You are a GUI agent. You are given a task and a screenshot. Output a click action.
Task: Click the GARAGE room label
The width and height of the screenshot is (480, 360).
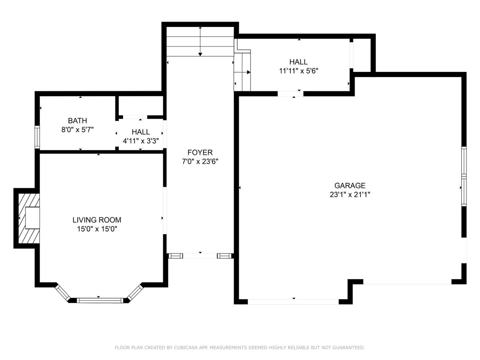pyautogui.click(x=350, y=186)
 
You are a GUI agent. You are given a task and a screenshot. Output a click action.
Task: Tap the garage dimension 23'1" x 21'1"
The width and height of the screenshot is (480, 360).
pyautogui.click(x=350, y=195)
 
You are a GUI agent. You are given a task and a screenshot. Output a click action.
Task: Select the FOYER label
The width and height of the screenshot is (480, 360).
pyautogui.click(x=200, y=153)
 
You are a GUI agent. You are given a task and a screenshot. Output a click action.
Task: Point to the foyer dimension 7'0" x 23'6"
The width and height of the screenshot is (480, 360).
pyautogui.click(x=200, y=162)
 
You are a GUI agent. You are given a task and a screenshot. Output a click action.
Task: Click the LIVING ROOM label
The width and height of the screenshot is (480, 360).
pyautogui.click(x=97, y=220)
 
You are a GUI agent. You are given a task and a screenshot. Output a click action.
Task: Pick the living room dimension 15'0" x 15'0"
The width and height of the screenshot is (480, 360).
pyautogui.click(x=97, y=229)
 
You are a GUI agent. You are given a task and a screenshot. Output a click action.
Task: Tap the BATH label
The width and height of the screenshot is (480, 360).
pyautogui.click(x=77, y=121)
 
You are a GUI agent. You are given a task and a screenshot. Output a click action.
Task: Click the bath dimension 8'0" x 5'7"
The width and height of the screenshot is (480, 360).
pyautogui.click(x=77, y=130)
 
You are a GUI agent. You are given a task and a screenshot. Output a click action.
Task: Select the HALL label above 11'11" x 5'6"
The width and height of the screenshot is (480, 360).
pyautogui.click(x=298, y=62)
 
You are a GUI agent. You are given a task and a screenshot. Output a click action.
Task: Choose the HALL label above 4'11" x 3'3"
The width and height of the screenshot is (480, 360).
pyautogui.click(x=141, y=132)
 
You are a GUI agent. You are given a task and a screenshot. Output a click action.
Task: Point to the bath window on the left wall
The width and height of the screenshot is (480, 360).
pyautogui.click(x=37, y=137)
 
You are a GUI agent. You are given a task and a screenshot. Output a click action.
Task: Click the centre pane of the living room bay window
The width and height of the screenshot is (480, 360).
pyautogui.click(x=100, y=300)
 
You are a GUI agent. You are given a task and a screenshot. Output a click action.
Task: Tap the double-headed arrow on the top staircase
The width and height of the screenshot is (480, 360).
pyautogui.click(x=200, y=41)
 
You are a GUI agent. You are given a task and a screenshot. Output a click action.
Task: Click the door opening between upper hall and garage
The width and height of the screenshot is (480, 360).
pyautogui.click(x=290, y=94)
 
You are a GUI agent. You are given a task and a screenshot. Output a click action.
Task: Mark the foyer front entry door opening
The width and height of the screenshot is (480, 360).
pyautogui.click(x=200, y=256)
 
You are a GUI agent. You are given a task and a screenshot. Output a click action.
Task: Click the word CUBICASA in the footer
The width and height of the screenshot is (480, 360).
pyautogui.click(x=186, y=348)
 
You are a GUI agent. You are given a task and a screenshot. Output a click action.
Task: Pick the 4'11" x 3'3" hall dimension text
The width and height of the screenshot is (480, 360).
pyautogui.click(x=141, y=141)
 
